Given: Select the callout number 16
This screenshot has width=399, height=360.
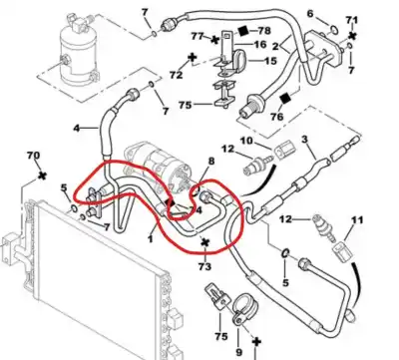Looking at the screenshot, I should (x=259, y=44).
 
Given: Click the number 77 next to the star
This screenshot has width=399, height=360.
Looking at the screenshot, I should (x=198, y=36).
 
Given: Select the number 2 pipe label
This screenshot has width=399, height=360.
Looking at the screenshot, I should (x=289, y=47).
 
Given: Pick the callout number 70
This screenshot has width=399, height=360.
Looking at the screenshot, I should (x=32, y=157).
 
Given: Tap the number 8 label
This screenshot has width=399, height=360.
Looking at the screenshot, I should (x=209, y=162).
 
